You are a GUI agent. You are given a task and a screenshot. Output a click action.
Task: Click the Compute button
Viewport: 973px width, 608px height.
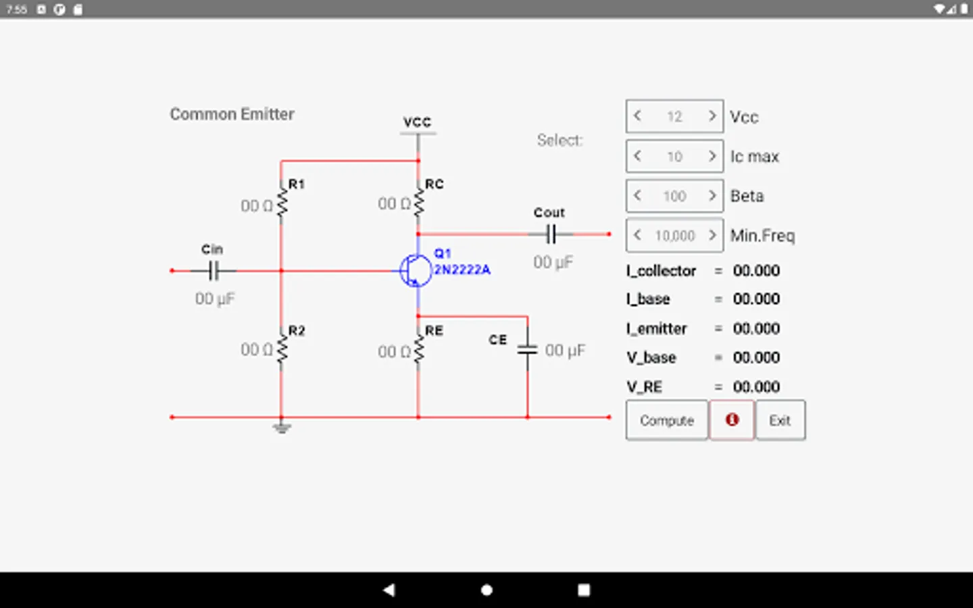click(x=667, y=420)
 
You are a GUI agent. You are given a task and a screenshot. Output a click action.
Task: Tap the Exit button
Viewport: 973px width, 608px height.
click(x=780, y=420)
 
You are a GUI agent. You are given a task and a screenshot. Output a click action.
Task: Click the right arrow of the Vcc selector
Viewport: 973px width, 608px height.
click(x=712, y=116)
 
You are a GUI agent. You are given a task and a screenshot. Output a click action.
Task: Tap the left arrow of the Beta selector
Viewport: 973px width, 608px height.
click(x=637, y=196)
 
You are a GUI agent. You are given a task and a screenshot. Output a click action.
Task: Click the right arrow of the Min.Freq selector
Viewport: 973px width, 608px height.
click(x=712, y=235)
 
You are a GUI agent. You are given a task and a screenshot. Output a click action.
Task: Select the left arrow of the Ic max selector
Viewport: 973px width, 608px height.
click(x=637, y=156)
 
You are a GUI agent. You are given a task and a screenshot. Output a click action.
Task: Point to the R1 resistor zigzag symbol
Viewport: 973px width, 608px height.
click(x=282, y=201)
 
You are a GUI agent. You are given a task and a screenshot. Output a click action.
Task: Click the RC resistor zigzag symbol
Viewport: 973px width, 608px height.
click(x=419, y=201)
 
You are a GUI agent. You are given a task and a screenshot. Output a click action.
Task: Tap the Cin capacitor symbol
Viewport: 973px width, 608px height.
click(x=214, y=271)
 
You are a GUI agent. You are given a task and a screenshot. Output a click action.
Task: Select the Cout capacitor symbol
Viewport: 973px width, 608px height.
click(x=551, y=234)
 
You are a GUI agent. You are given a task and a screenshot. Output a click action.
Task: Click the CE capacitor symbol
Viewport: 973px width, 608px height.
click(x=527, y=350)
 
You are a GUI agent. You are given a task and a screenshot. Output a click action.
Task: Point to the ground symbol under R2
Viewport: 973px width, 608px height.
click(x=282, y=428)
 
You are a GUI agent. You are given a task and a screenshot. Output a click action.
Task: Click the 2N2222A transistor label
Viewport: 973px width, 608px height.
click(x=462, y=270)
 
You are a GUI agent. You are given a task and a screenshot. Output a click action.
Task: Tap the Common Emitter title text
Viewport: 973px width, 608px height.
click(x=232, y=114)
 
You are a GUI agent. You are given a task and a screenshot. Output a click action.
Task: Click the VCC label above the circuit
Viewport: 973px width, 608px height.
click(x=417, y=122)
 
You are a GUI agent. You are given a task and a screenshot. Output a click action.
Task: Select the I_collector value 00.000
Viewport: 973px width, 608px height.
click(x=756, y=271)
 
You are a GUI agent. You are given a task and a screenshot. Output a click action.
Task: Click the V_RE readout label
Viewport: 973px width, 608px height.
click(x=644, y=387)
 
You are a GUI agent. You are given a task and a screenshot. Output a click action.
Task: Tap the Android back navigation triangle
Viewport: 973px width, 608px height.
click(x=389, y=590)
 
